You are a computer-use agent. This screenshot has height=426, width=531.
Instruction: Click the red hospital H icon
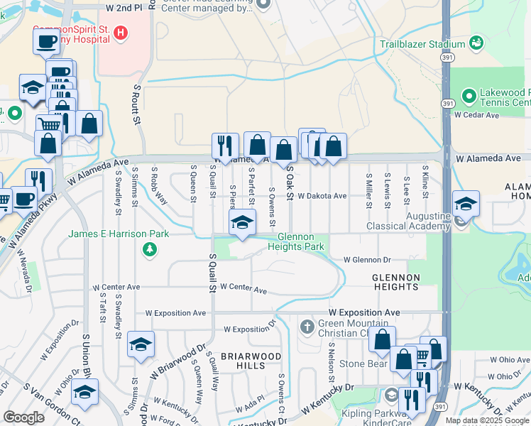(x=121, y=32)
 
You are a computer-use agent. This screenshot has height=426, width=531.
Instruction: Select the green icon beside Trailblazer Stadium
(x=477, y=43)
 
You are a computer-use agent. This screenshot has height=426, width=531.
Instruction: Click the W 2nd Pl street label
(x=128, y=6)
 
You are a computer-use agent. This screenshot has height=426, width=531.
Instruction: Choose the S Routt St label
(x=136, y=104)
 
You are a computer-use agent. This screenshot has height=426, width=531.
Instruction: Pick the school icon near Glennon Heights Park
(x=242, y=222)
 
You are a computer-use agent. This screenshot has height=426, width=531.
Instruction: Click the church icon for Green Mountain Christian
(x=307, y=327)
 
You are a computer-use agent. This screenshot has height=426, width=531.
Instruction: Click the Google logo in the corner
(x=23, y=417)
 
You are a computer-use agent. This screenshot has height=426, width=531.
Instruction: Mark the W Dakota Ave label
(x=322, y=195)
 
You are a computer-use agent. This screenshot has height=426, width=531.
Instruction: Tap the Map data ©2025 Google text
(x=487, y=420)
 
